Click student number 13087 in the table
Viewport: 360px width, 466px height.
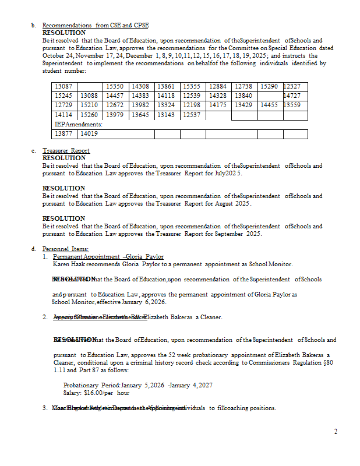(x=63, y=86)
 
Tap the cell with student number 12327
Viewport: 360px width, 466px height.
(x=291, y=86)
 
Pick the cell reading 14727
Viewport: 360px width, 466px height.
(x=291, y=96)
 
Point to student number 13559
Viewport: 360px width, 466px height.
(x=291, y=105)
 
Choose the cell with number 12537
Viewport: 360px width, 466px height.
(x=192, y=115)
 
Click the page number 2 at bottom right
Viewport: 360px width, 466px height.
(x=336, y=432)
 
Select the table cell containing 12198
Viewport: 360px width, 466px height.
(x=192, y=105)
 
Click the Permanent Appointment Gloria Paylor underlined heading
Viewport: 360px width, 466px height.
(x=108, y=256)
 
